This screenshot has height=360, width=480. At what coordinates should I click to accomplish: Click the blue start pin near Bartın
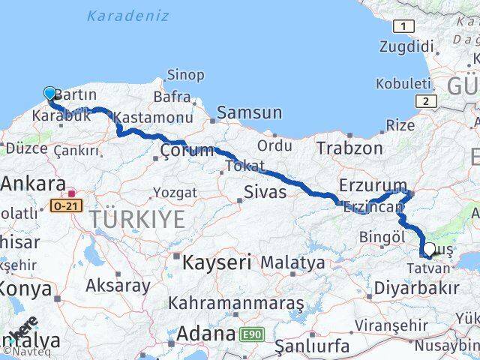[49, 93]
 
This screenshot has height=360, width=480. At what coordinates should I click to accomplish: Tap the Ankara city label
[32, 183]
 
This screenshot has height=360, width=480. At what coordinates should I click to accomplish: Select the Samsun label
[249, 112]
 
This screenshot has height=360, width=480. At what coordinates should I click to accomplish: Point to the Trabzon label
[349, 148]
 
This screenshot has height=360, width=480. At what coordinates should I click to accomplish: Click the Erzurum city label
[373, 185]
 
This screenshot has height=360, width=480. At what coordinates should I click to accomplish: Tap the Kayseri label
[218, 262]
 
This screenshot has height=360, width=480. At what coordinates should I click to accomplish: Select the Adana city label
[203, 331]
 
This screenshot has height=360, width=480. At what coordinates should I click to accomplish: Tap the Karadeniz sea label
[118, 14]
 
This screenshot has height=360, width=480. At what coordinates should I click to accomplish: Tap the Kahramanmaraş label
[236, 303]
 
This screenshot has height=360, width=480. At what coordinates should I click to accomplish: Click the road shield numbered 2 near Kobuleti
[426, 101]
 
